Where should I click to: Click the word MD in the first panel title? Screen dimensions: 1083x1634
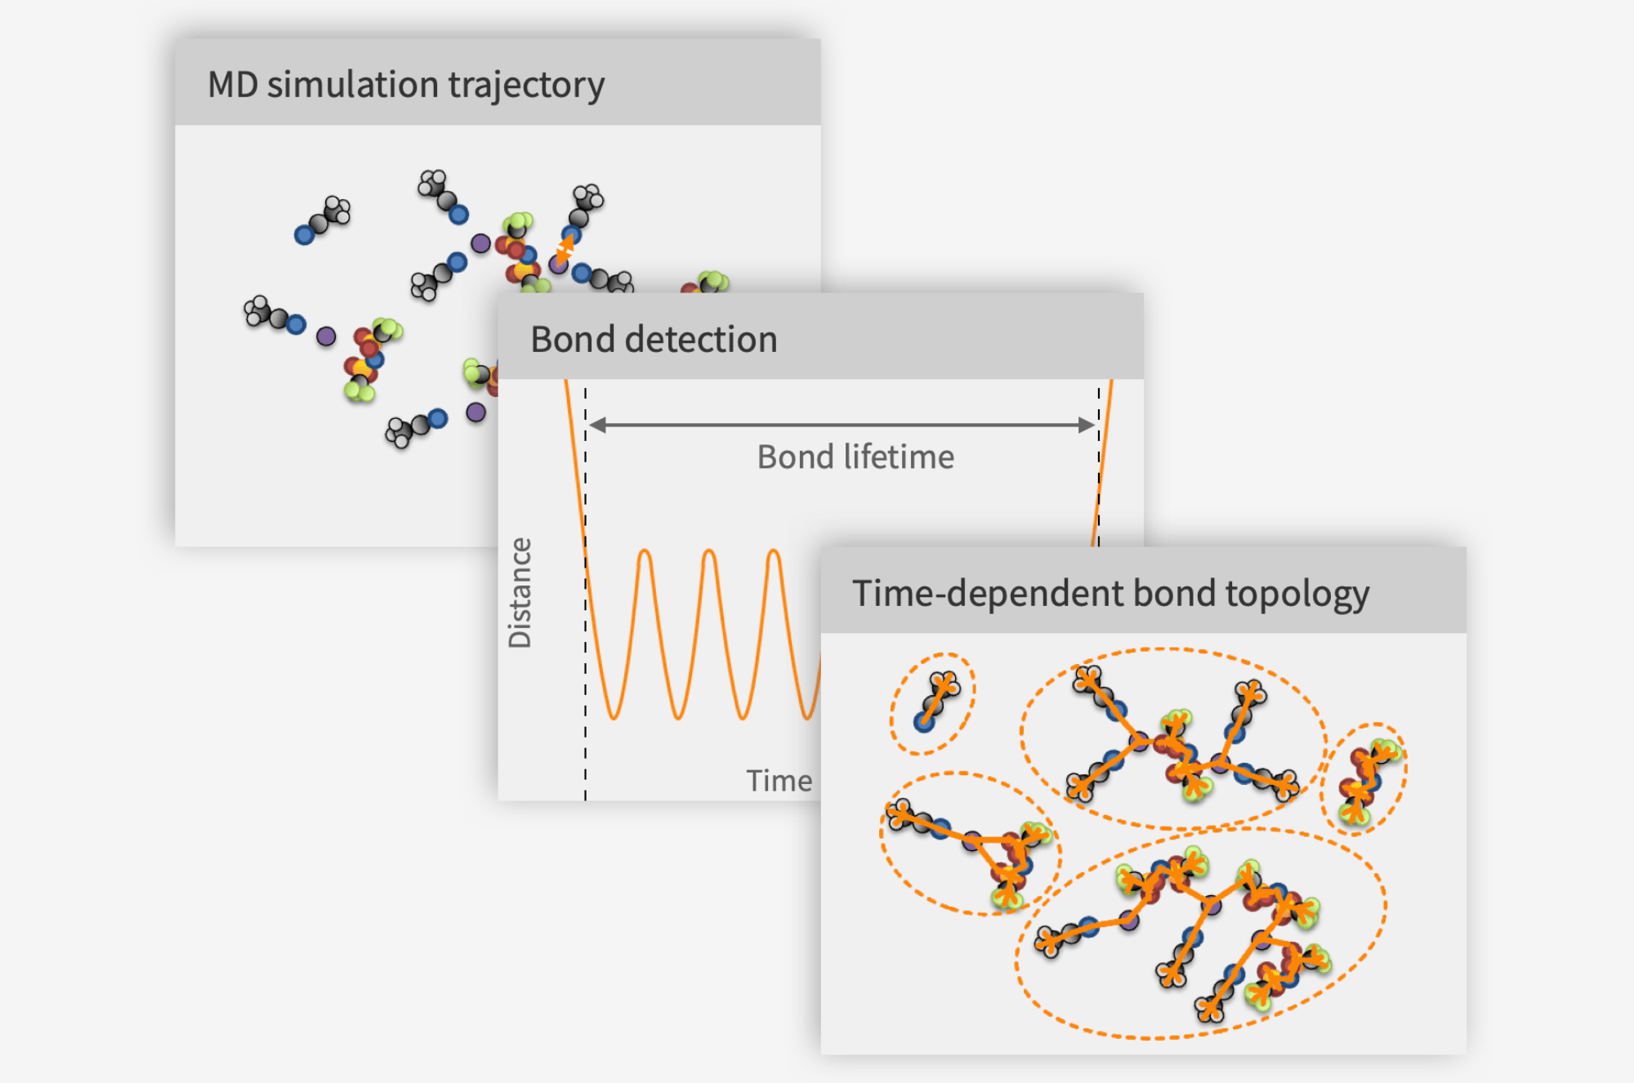[232, 85]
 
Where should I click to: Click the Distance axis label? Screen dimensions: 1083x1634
[520, 593]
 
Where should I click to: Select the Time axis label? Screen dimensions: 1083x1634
[779, 781]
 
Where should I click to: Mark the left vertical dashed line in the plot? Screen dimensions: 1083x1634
[585, 653]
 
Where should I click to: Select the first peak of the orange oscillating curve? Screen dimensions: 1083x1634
[645, 553]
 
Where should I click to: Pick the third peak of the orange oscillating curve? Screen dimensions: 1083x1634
[774, 553]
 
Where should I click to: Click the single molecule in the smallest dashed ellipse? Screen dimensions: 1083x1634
[936, 701]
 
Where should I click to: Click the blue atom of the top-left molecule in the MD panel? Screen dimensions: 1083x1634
[304, 235]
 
